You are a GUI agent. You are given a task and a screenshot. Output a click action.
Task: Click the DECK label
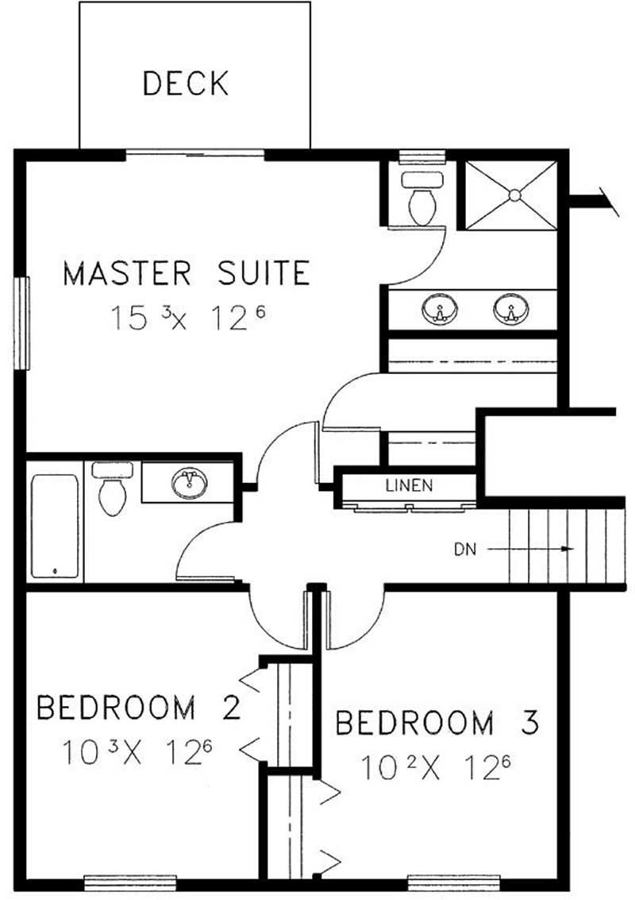pos(186,83)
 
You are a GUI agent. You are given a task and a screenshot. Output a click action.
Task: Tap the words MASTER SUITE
pos(186,273)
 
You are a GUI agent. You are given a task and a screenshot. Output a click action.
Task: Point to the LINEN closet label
pos(409,485)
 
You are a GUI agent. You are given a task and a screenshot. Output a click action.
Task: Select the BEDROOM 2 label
pos(138,707)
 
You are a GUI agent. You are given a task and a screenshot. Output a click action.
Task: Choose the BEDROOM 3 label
pos(437,724)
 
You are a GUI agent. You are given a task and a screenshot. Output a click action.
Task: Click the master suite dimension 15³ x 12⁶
pos(186,319)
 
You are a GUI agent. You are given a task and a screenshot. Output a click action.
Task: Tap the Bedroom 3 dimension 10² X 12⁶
pos(435,767)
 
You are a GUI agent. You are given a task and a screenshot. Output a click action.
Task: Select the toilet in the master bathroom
pos(421,200)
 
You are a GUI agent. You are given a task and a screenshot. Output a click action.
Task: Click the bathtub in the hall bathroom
pos(55,527)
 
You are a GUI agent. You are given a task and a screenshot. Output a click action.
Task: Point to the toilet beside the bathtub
pos(112,491)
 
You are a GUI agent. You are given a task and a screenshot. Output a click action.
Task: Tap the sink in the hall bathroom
pos(189,482)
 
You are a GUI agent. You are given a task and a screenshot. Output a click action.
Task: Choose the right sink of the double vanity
pos(509,310)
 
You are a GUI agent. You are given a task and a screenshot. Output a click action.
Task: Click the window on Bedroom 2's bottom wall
pos(118,879)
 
